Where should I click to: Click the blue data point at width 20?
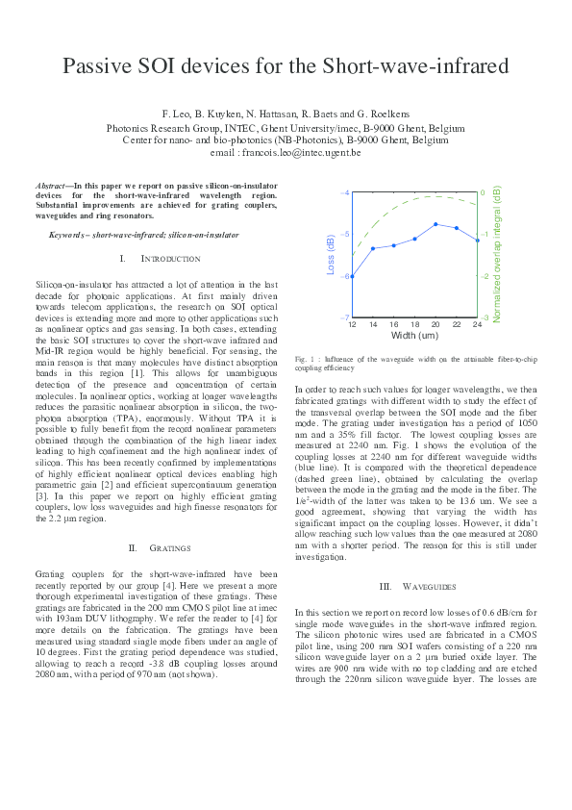coord(436,224)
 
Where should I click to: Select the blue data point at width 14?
coord(373,248)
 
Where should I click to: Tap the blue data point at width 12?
coord(352,276)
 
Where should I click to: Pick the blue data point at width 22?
coord(457,228)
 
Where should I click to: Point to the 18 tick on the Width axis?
coord(415,326)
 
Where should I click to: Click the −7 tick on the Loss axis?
coord(345,317)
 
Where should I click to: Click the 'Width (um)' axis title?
coord(414,337)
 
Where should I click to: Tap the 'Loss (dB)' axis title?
coord(332,255)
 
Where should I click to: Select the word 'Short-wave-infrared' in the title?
coord(414,66)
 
